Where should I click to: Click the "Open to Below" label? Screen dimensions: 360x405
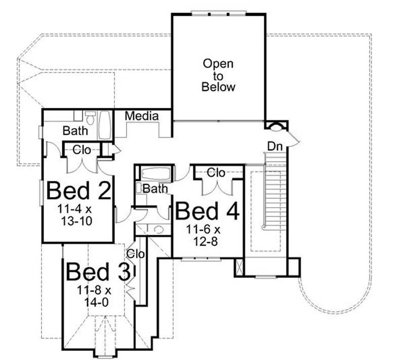click(x=218, y=75)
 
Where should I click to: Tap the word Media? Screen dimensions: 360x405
click(x=142, y=116)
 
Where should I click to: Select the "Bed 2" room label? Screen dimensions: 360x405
click(x=78, y=191)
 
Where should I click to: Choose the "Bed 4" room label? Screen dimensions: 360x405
click(x=207, y=212)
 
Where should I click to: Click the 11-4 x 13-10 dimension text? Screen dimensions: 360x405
click(x=77, y=215)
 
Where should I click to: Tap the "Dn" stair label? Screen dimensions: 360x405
click(x=275, y=146)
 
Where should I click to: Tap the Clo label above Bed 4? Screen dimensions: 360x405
click(x=216, y=173)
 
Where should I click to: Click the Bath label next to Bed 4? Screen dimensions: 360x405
click(x=155, y=189)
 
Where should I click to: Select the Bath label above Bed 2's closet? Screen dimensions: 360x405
click(x=75, y=131)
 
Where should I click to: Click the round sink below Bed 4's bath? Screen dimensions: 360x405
click(x=158, y=229)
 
